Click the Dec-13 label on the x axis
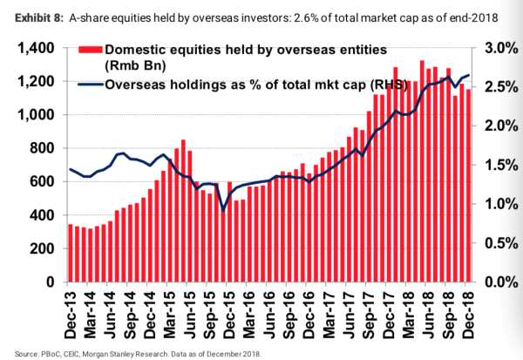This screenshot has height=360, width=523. click(x=71, y=311)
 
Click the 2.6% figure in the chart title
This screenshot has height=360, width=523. click(x=275, y=10)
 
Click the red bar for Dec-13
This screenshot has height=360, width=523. click(x=71, y=254)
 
